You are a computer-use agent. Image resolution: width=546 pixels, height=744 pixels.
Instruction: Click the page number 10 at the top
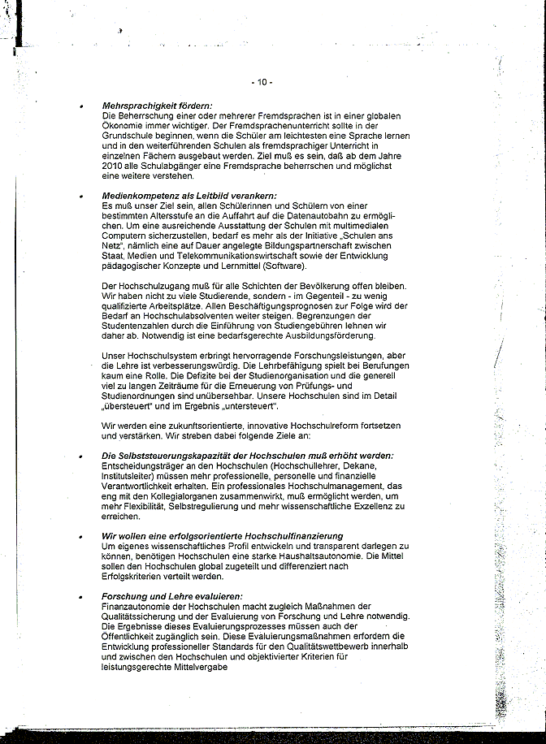262,82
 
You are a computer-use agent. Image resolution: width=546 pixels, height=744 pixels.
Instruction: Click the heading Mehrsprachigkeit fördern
157,106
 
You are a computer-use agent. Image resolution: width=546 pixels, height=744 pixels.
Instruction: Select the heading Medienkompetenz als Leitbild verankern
189,196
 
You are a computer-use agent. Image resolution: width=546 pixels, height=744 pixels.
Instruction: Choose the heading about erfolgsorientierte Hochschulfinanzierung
222,537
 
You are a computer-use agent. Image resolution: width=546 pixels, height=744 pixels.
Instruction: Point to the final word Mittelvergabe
193,668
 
